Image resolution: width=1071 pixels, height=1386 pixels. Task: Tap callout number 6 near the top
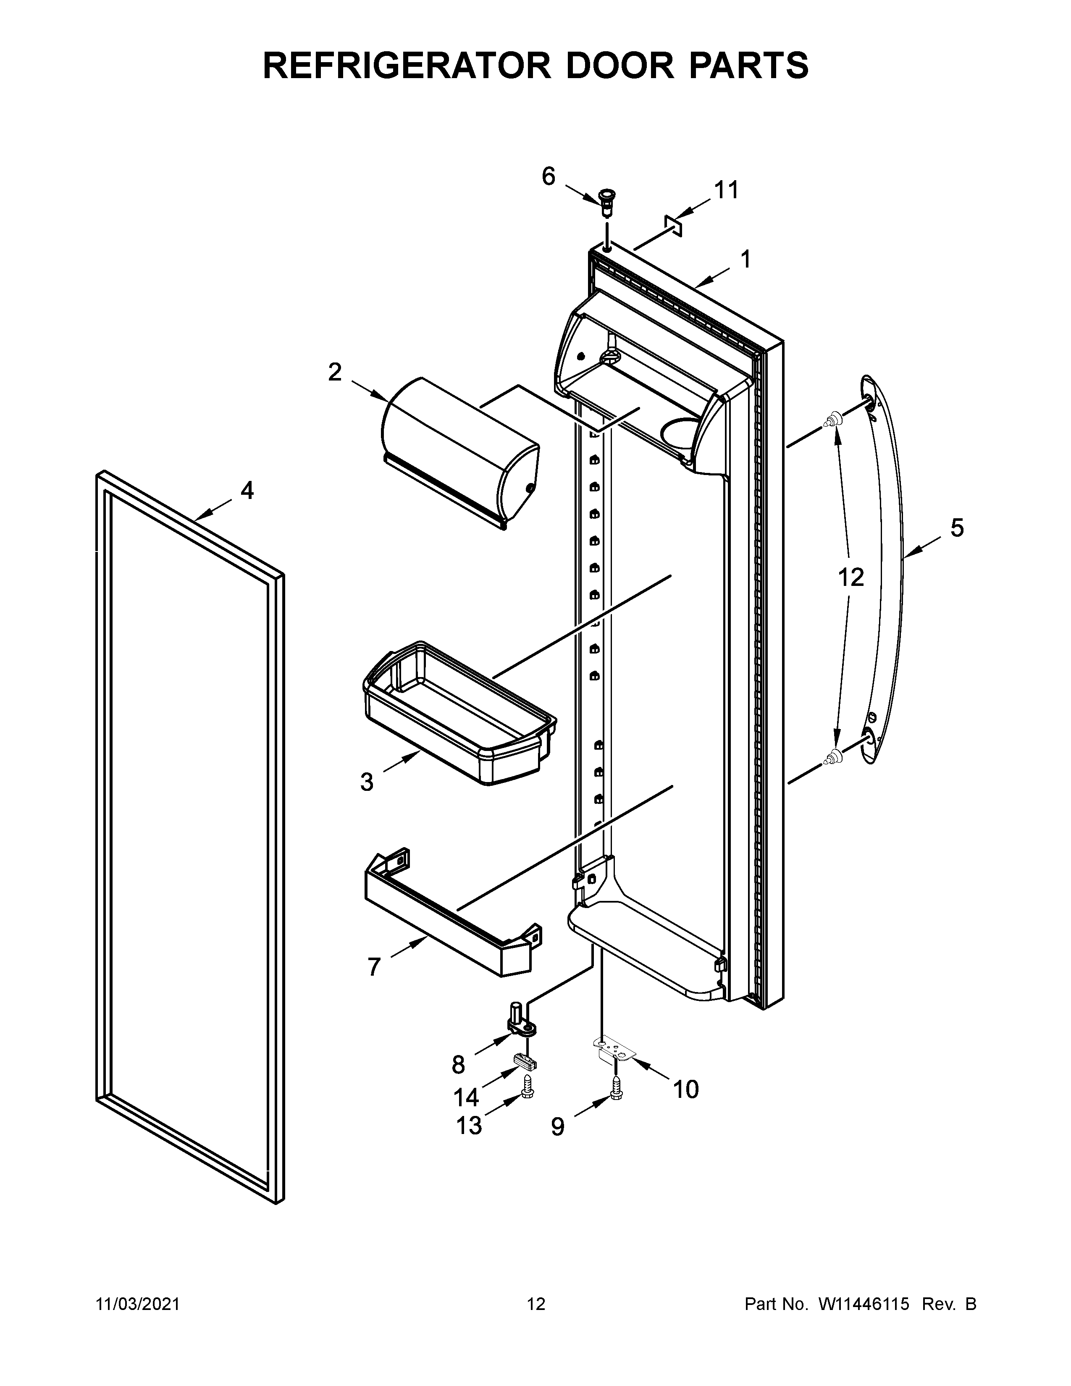click(548, 176)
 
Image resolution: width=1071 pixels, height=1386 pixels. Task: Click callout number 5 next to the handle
click(957, 528)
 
